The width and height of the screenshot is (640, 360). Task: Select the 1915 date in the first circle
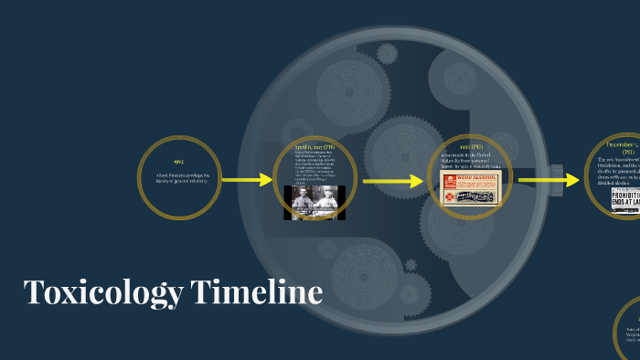click(178, 162)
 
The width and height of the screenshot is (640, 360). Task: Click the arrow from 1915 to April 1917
click(247, 180)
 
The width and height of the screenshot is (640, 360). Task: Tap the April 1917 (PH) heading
click(314, 145)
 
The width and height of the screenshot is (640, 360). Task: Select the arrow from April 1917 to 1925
click(394, 182)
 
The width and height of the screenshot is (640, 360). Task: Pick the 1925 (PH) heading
click(470, 146)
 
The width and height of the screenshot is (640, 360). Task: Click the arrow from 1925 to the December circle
click(549, 181)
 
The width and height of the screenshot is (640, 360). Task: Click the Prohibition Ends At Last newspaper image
click(626, 199)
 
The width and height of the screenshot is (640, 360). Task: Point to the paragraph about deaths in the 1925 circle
click(470, 163)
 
